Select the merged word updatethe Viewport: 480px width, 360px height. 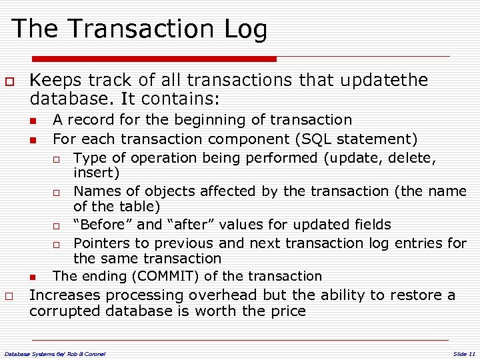coord(384,81)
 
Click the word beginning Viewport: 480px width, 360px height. coord(205,120)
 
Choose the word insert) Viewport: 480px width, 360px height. coord(97,173)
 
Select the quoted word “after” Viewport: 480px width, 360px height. coord(191,225)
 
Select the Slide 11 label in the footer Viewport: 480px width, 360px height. coord(464,353)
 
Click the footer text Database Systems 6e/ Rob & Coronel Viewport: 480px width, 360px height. coord(55,353)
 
